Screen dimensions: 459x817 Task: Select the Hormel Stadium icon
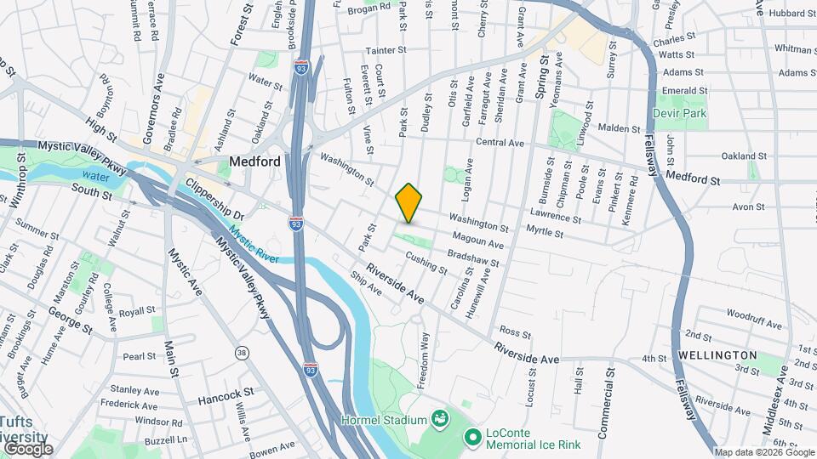(440, 418)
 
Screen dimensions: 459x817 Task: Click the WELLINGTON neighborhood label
(718, 354)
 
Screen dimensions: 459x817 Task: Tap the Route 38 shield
(243, 352)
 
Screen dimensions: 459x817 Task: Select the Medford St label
(693, 180)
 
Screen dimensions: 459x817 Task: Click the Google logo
(27, 448)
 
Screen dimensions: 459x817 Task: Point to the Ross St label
(515, 331)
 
